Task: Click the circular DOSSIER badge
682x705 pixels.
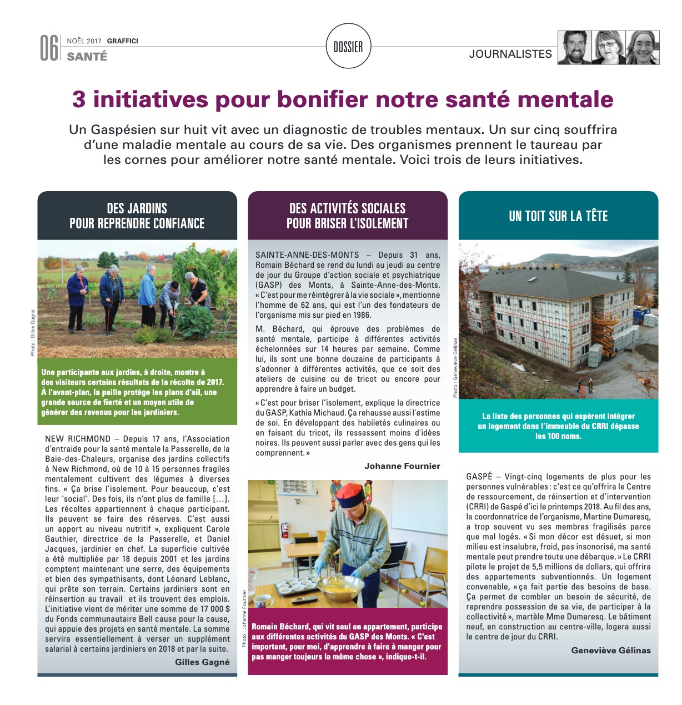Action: (348, 47)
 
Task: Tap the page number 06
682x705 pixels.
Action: (49, 48)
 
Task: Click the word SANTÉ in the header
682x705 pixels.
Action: (87, 56)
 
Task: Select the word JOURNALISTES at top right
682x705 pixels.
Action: (510, 54)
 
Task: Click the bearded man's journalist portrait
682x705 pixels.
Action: (575, 48)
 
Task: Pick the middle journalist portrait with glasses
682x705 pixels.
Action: (609, 48)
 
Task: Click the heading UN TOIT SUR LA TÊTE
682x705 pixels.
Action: (558, 216)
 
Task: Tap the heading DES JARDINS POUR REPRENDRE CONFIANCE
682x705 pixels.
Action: (137, 216)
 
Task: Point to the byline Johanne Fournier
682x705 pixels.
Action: (402, 466)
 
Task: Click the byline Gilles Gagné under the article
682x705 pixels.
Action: (202, 662)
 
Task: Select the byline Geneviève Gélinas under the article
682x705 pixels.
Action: (611, 650)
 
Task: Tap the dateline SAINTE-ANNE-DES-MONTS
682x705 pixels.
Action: (307, 255)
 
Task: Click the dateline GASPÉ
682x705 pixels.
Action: (479, 477)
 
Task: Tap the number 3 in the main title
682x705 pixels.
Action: (79, 99)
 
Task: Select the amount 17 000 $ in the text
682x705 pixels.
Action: (210, 609)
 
